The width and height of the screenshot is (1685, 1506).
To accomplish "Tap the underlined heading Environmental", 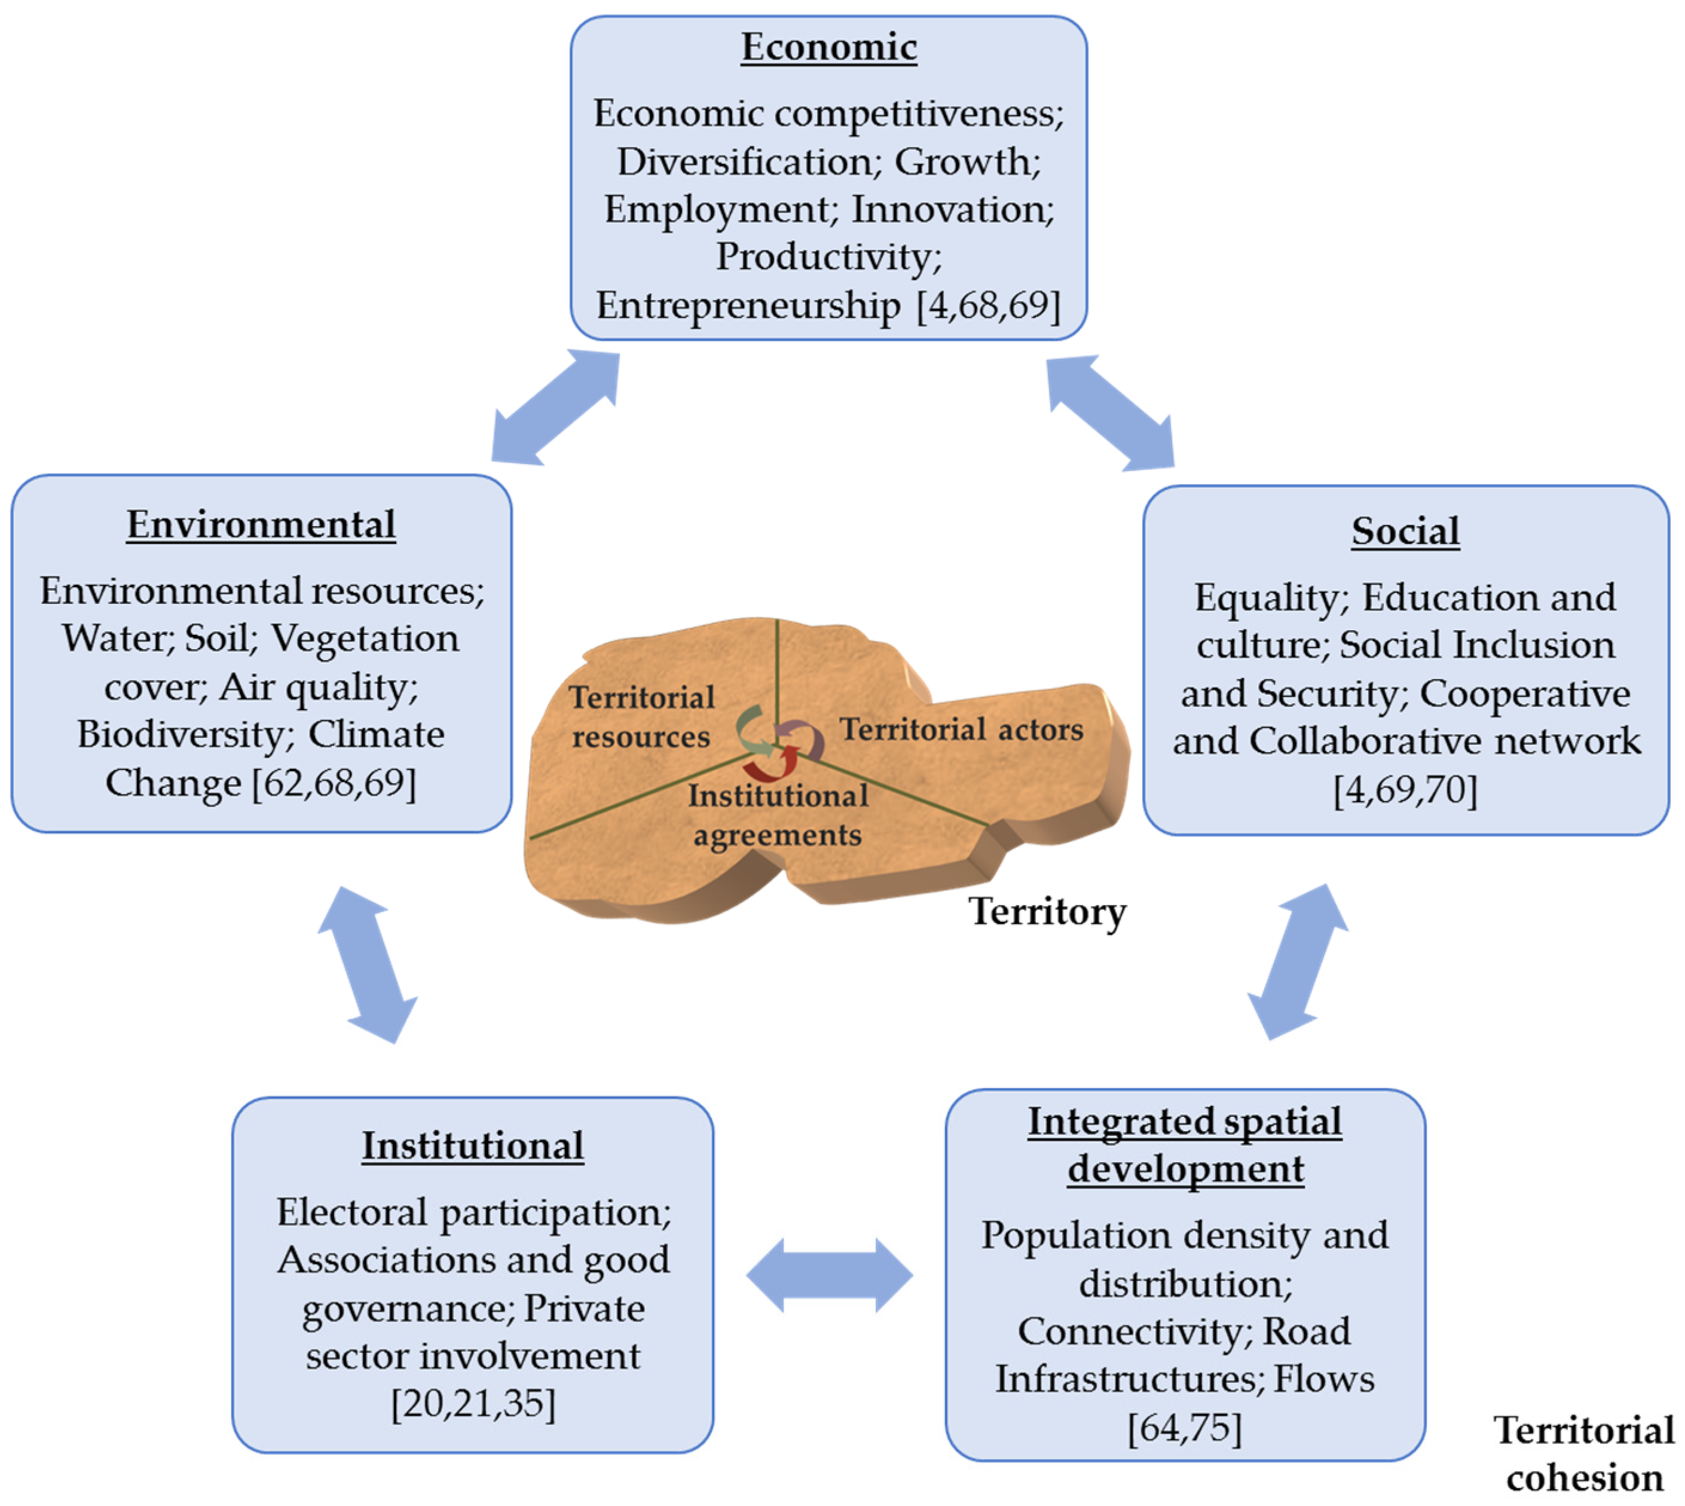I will (261, 524).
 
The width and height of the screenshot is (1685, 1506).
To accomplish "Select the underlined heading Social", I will (1405, 531).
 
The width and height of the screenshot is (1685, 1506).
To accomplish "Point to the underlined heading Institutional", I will (472, 1146).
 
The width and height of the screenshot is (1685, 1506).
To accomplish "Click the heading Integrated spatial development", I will (1185, 1146).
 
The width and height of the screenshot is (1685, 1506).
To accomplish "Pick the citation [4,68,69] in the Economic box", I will (989, 306).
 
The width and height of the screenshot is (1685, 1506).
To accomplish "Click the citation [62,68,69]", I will (334, 783).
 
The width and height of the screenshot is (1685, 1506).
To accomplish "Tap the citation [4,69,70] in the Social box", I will (1405, 789).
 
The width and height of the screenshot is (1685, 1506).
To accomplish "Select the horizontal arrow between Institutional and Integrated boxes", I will (829, 1275).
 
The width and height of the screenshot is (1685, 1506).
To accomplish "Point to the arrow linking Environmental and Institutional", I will (367, 965).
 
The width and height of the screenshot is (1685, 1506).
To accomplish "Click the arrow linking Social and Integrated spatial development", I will (1297, 961).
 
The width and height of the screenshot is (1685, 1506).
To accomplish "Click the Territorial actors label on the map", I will (961, 730).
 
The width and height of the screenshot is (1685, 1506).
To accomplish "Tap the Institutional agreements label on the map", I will (778, 815).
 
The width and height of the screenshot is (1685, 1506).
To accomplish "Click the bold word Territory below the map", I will (1047, 912).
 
